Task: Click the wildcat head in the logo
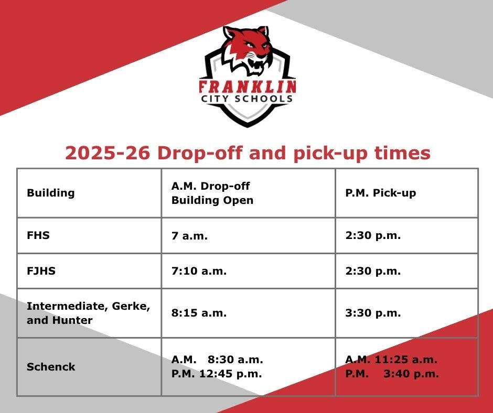[x=248, y=50]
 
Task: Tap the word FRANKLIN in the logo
[x=248, y=86]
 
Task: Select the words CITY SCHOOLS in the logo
[x=247, y=99]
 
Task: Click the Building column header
[x=51, y=193]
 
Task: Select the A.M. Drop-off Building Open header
[x=212, y=193]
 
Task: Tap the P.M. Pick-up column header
[x=380, y=193]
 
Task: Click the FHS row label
[x=38, y=235]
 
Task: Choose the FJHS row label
[x=41, y=271]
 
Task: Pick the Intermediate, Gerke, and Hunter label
[x=88, y=313]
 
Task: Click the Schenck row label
[x=51, y=367]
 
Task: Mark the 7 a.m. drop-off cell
[x=189, y=236]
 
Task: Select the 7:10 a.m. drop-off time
[x=199, y=271]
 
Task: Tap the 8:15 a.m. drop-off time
[x=199, y=313]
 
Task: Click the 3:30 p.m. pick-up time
[x=373, y=313]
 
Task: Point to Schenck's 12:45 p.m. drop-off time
[x=230, y=374]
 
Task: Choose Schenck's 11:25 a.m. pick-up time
[x=406, y=360]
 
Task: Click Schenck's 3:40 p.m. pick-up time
[x=411, y=374]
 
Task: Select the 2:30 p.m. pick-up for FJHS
[x=373, y=271]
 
